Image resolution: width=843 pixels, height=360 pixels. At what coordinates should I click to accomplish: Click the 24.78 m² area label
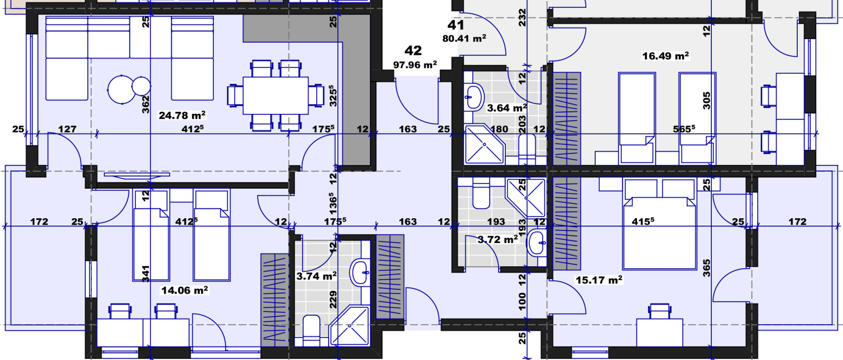(182, 115)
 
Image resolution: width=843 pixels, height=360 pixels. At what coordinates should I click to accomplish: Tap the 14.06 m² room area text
(184, 290)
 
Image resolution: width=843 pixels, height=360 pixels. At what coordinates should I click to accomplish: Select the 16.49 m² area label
(665, 56)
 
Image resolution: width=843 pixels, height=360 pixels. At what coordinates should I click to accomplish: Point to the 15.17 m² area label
(599, 280)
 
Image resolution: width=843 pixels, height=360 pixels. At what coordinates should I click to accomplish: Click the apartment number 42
(413, 51)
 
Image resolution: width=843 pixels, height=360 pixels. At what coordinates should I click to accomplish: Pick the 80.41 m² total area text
(464, 38)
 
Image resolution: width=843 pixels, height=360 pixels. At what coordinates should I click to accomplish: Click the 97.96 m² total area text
(415, 65)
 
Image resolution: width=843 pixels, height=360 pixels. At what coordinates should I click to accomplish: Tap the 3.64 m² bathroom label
(506, 108)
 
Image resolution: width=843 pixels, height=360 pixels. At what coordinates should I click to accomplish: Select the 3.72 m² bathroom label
(497, 239)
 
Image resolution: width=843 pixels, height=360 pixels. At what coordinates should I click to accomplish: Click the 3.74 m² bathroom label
(316, 276)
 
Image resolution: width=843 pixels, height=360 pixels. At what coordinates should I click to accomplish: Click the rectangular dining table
(276, 95)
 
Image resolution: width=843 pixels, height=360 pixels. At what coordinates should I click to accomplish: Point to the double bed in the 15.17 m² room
(659, 225)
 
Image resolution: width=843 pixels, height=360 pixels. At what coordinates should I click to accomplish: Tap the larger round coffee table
(121, 90)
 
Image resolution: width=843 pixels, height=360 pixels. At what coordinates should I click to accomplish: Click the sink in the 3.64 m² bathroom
(474, 97)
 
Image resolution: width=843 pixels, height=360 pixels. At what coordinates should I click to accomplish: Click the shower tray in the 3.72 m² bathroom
(526, 197)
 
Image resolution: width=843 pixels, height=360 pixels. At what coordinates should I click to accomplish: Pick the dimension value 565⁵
(684, 129)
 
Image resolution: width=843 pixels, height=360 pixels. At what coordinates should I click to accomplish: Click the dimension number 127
(67, 129)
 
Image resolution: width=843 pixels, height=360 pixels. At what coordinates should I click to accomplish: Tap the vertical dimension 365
(707, 268)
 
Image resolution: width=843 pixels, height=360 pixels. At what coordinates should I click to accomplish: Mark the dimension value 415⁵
(643, 221)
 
